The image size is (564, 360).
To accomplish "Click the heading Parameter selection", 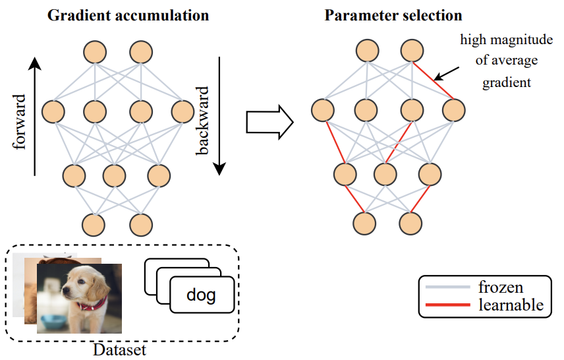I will (x=393, y=15).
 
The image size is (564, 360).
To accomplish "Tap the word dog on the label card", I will (x=201, y=295).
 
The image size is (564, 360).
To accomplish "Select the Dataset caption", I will (x=119, y=349).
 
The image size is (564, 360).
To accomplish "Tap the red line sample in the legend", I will (x=444, y=305).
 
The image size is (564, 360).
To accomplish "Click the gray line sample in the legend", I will (x=444, y=287).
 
